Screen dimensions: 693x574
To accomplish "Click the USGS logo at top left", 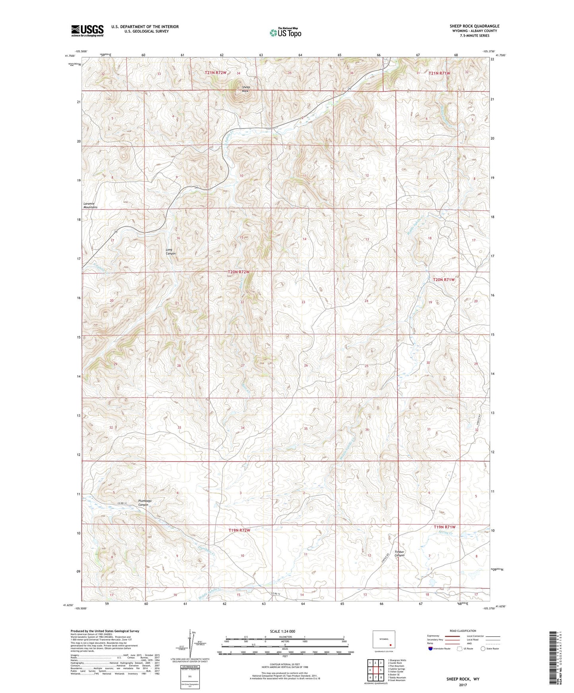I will pos(87,31).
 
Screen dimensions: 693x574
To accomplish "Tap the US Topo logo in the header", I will pos(285,32).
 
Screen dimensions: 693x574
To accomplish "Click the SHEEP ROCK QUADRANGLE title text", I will pos(474,26).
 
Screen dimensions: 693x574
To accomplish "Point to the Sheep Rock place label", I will pos(245,89).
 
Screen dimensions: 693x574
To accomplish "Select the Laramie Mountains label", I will pos(90,205).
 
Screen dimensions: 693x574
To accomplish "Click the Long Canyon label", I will pos(170,251).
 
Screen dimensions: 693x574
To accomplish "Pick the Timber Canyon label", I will pos(399,553).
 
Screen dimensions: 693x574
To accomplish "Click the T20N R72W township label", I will pos(239,272).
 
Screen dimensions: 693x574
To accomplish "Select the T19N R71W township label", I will pos(444,527).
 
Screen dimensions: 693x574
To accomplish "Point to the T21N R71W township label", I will pos(439,73).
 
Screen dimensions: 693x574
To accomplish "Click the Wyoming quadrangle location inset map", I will pos(384,639).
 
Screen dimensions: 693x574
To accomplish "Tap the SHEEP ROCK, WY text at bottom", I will pos(463,679).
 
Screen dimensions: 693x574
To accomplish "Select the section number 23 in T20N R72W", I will pos(303,302).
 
